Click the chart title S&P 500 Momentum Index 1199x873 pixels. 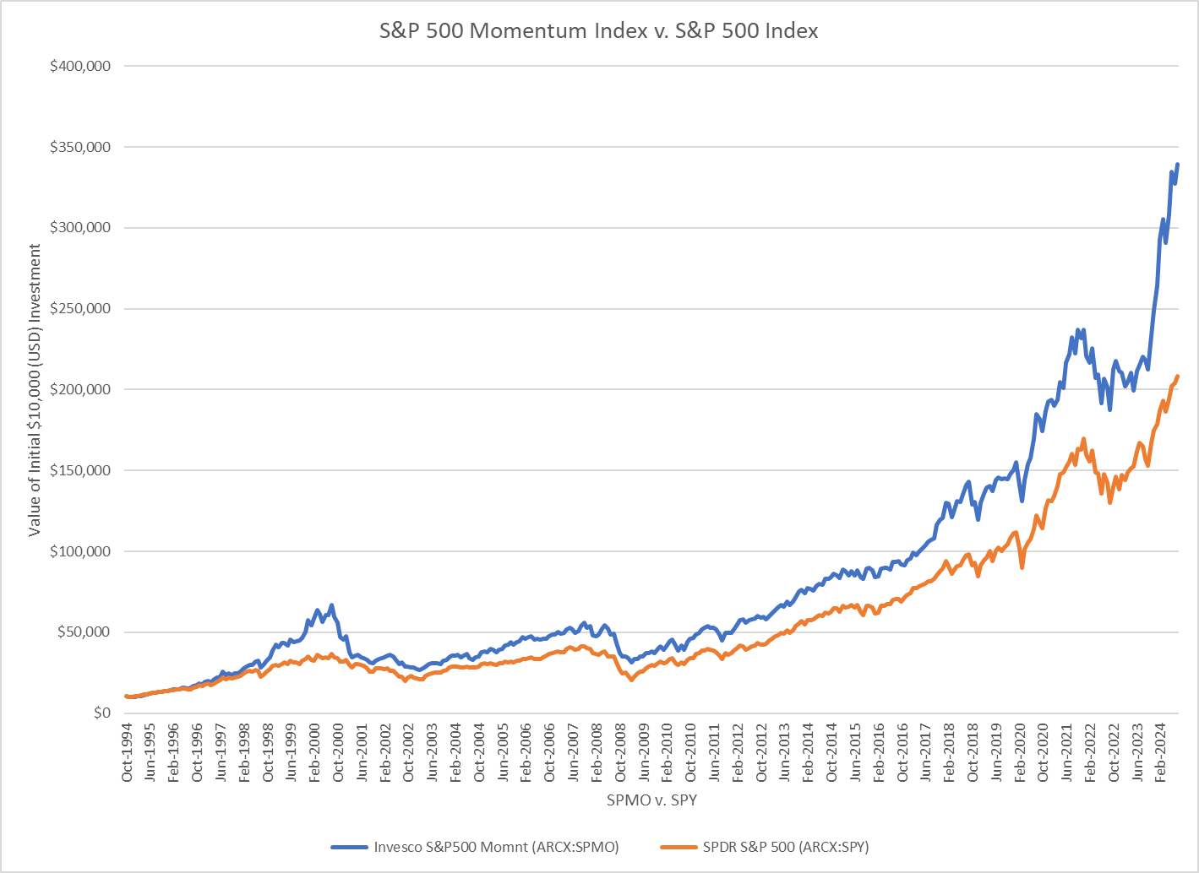[x=598, y=31]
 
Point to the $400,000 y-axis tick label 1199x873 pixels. [x=80, y=66]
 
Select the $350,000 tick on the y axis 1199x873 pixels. [x=80, y=147]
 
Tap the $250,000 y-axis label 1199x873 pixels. [x=80, y=309]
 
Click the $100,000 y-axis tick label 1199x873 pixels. [x=80, y=551]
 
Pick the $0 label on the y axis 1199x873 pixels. [x=101, y=713]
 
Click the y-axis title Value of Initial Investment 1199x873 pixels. [x=35, y=390]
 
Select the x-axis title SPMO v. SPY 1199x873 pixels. [x=651, y=800]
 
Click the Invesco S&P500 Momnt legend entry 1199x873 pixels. [x=496, y=847]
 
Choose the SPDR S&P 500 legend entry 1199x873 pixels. [x=785, y=847]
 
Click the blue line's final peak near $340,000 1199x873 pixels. [x=1178, y=165]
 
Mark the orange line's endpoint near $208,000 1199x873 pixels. [x=1178, y=377]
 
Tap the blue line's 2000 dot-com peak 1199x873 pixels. [x=332, y=605]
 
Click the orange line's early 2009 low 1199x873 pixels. [x=631, y=680]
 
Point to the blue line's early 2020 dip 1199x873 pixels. [x=1022, y=501]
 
